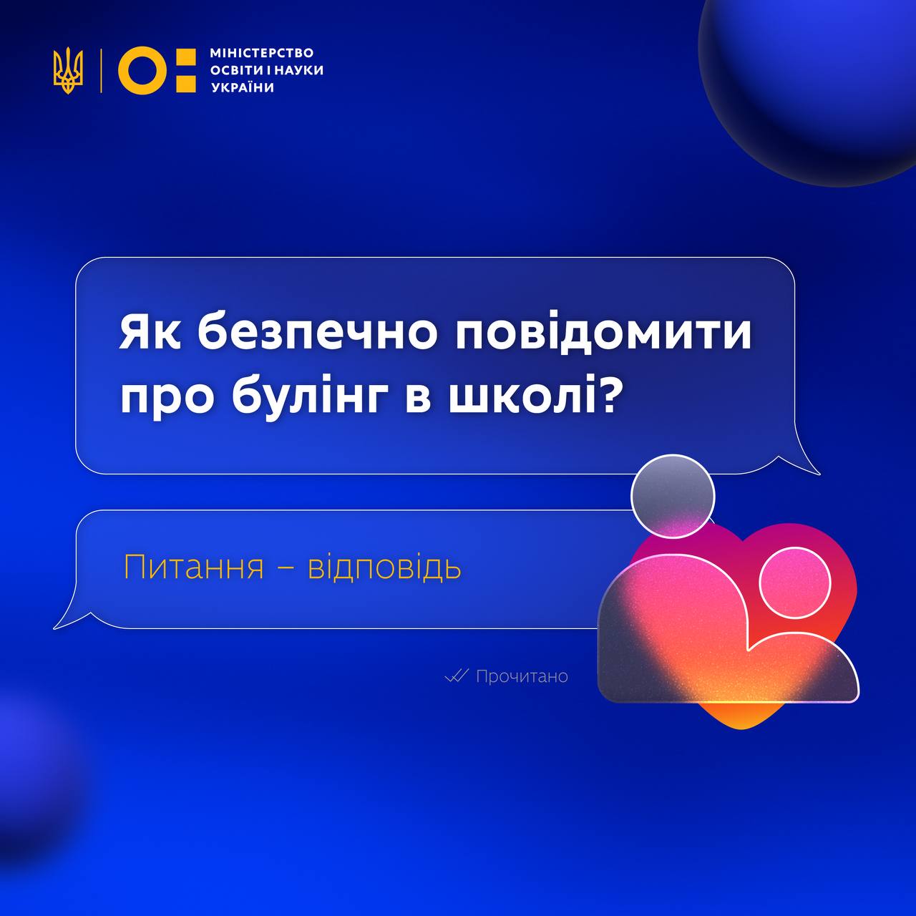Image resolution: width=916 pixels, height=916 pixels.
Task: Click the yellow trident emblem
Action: click(x=68, y=70)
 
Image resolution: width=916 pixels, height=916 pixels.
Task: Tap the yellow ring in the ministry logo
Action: click(x=142, y=70)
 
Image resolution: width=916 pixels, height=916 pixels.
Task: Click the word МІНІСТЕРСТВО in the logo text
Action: click(x=261, y=52)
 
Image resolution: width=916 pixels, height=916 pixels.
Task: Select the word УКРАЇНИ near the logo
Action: click(x=243, y=87)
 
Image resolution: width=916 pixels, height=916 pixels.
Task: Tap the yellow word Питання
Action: click(x=193, y=567)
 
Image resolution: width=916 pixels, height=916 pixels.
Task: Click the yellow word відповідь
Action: click(x=384, y=567)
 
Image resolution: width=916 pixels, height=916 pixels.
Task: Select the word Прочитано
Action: click(x=522, y=676)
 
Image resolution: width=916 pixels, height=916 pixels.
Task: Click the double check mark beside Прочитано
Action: click(x=457, y=676)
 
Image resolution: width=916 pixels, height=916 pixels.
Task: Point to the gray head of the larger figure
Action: click(x=673, y=496)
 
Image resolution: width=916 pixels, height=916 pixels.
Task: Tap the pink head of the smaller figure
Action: click(x=795, y=583)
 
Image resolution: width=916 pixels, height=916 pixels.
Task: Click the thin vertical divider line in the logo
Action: click(x=101, y=70)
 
